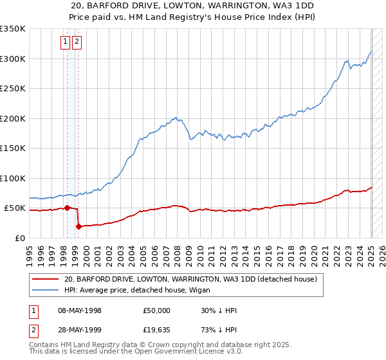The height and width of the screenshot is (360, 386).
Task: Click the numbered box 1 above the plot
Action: click(x=66, y=42)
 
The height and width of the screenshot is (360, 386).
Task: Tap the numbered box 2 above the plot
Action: click(x=77, y=42)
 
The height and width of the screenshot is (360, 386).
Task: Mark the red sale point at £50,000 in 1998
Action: click(x=67, y=208)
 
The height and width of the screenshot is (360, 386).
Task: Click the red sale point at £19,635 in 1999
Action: click(x=78, y=226)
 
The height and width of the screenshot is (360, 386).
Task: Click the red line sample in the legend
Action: click(x=45, y=280)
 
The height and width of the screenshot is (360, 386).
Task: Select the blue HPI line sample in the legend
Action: click(x=45, y=291)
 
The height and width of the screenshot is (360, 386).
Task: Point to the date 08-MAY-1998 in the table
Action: click(x=80, y=310)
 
